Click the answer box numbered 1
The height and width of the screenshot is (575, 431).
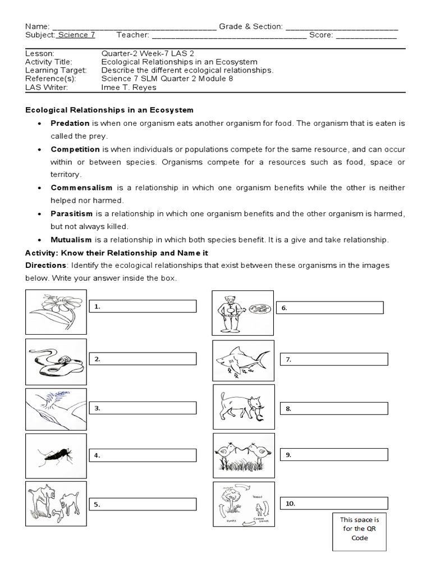coord(143,306)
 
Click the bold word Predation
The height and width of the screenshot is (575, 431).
coord(70,123)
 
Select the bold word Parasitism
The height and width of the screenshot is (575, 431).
coord(72,214)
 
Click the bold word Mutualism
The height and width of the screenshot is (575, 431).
coord(71,240)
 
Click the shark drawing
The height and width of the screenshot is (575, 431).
coord(244,360)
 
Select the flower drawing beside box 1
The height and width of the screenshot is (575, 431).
coord(56,312)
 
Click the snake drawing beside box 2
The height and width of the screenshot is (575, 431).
coord(56,361)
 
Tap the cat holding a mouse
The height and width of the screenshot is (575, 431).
coord(244,407)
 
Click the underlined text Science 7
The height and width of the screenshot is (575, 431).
coord(76,35)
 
